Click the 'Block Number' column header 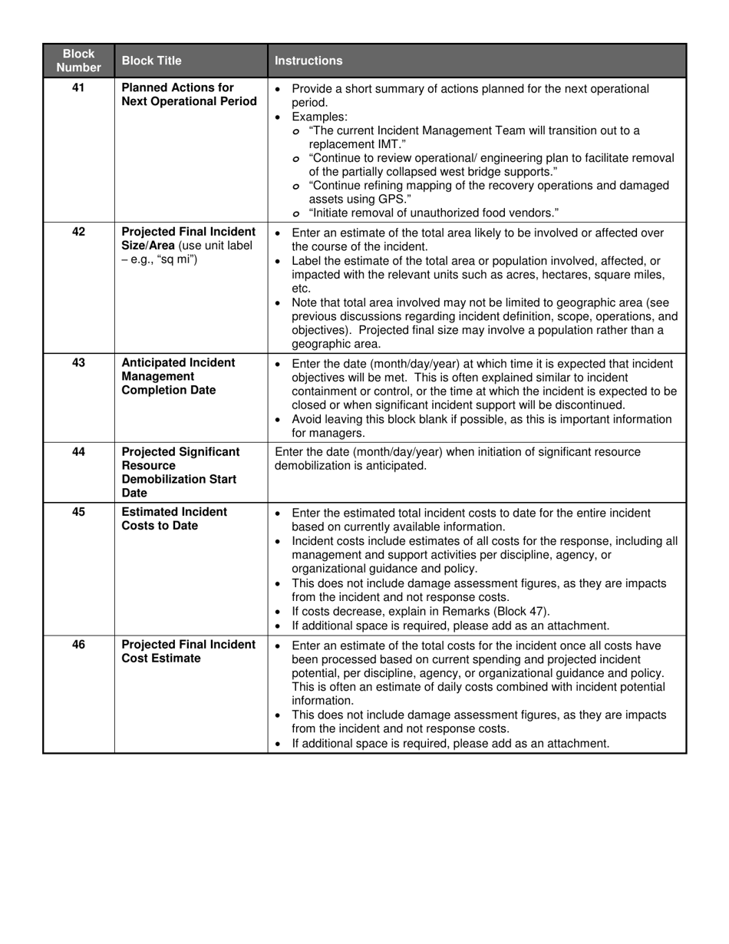point(78,61)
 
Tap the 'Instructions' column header point(308,61)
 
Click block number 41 point(78,87)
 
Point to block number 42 point(78,232)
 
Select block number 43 point(78,362)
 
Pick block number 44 point(78,451)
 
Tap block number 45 point(78,512)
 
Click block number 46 point(78,645)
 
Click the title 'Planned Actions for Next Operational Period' point(189,94)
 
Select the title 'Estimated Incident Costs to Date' point(174,519)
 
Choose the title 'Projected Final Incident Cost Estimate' point(189,652)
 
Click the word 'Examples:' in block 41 point(319,117)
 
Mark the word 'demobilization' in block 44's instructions point(312,465)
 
